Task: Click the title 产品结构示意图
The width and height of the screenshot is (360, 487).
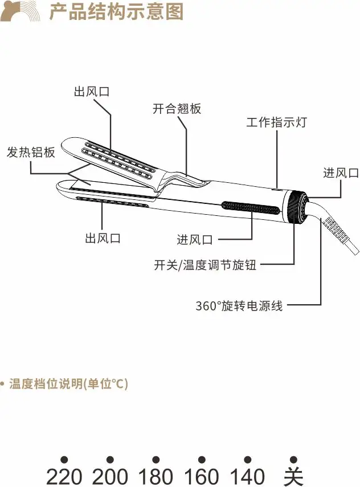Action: point(116,11)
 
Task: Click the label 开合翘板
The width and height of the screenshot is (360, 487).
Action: point(177,108)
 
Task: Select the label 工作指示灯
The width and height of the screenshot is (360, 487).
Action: point(276,122)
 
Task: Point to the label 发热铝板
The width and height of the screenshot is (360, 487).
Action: point(31,153)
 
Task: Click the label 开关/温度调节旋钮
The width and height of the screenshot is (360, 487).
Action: point(205,265)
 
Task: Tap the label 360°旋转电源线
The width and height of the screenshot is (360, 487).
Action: point(239,306)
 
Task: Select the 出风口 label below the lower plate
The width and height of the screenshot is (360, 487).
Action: point(103,238)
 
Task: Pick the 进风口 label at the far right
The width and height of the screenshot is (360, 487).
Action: point(341,173)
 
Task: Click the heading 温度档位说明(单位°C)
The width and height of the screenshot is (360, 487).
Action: point(68,384)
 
